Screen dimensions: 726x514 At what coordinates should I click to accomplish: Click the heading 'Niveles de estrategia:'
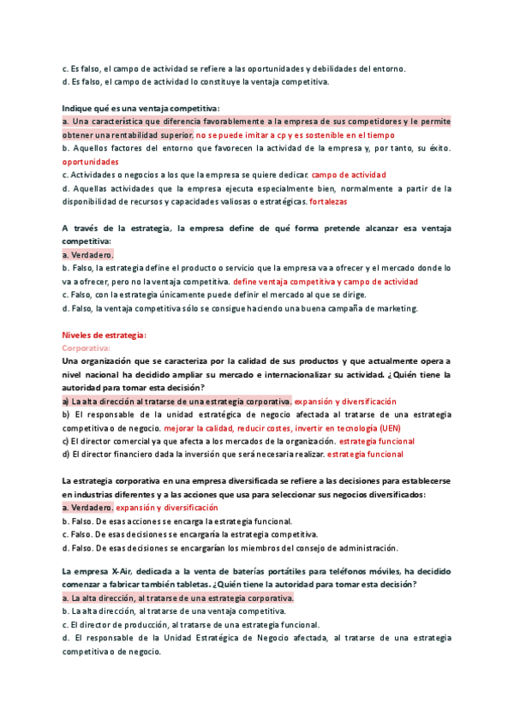coord(105,336)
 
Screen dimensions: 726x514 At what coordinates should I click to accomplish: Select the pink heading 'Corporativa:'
coord(87,348)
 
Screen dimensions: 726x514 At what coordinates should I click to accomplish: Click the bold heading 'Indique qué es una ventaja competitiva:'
coord(141,108)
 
